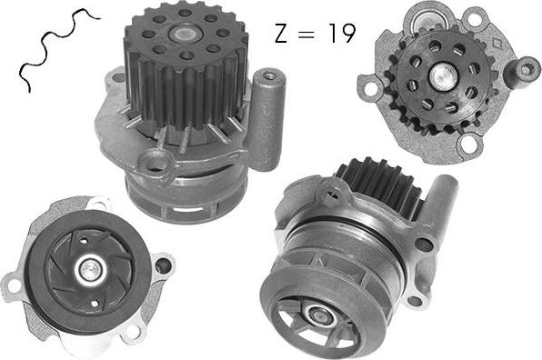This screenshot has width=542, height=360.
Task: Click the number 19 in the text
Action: click(x=342, y=33)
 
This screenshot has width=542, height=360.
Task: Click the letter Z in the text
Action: click(x=281, y=33)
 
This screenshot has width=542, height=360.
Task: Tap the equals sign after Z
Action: click(x=307, y=34)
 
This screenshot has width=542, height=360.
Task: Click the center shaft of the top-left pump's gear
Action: click(x=183, y=34)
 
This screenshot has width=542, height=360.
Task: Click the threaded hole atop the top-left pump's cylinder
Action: click(x=268, y=75)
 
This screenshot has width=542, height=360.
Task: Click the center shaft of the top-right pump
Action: click(x=444, y=76)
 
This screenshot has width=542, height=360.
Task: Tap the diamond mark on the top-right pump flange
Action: click(x=497, y=44)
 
